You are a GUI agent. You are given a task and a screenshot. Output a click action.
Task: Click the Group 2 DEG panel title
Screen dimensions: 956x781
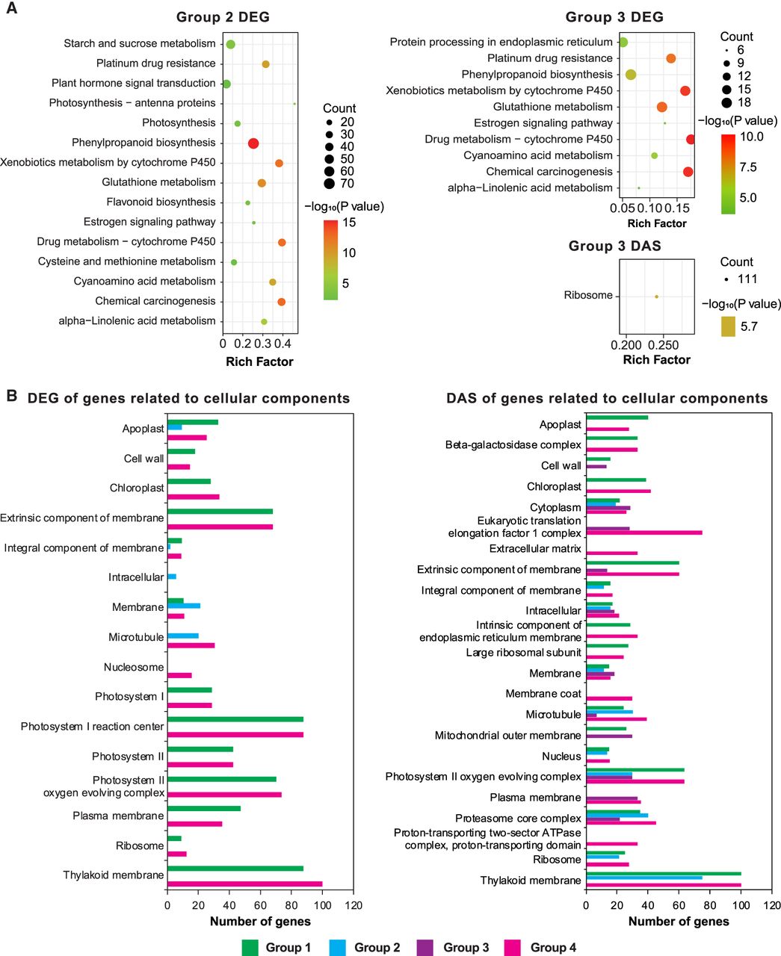223,17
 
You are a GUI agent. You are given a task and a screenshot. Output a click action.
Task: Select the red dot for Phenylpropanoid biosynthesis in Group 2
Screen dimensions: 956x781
253,143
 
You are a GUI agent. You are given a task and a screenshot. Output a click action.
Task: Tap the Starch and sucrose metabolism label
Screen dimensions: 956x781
140,44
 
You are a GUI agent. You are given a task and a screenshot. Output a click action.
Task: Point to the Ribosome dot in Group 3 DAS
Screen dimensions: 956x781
657,297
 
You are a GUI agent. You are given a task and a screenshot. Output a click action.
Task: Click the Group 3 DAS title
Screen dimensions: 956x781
614,246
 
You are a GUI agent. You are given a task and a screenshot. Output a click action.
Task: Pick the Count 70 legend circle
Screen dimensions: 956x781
330,184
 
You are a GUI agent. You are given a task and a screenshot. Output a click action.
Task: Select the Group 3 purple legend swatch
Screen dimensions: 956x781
427,948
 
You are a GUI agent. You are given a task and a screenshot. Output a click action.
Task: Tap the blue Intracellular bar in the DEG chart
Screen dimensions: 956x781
172,577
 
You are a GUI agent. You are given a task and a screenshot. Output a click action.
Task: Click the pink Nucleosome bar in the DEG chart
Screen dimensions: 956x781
179,675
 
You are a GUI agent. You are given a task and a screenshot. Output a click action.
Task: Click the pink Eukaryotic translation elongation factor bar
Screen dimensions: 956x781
644,533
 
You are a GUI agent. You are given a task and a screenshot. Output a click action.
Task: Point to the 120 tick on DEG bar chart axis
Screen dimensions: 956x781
353,906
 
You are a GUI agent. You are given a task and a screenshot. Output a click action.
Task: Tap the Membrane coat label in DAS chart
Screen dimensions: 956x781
543,694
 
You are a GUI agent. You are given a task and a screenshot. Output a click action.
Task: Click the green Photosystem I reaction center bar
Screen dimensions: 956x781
235,719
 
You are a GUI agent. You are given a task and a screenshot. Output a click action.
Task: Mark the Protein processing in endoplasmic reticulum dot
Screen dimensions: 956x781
623,42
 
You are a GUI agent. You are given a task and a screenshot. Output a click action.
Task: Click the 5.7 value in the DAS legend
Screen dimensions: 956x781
748,326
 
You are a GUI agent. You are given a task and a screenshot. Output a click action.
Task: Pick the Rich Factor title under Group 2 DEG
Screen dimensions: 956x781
259,361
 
